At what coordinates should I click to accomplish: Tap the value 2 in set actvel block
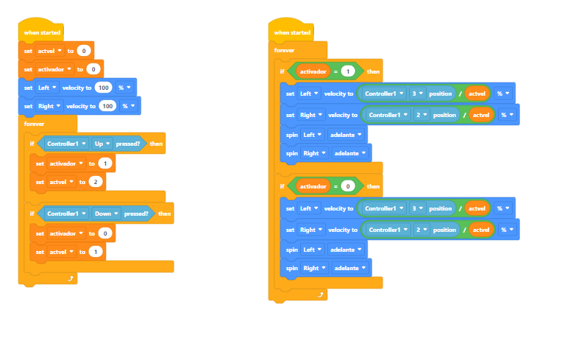(96, 182)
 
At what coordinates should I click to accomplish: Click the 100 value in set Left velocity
(104, 88)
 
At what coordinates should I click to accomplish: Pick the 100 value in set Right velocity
(107, 106)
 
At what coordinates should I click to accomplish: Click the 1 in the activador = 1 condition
(348, 71)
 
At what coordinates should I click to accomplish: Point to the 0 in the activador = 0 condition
(348, 186)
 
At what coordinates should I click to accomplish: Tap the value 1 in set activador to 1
(105, 163)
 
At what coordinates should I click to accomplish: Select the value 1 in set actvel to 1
(96, 252)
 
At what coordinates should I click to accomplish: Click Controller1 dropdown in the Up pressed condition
(66, 144)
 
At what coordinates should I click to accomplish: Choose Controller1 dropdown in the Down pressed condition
(66, 213)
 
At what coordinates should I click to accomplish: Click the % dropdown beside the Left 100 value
(124, 88)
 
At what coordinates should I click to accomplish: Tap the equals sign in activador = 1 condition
(335, 71)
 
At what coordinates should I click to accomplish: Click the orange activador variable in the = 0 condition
(313, 186)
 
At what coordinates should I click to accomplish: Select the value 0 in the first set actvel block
(84, 51)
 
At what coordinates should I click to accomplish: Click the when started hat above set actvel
(41, 30)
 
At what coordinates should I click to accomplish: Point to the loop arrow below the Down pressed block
(71, 278)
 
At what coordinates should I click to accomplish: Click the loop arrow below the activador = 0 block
(321, 294)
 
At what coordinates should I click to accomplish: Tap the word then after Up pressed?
(156, 144)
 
